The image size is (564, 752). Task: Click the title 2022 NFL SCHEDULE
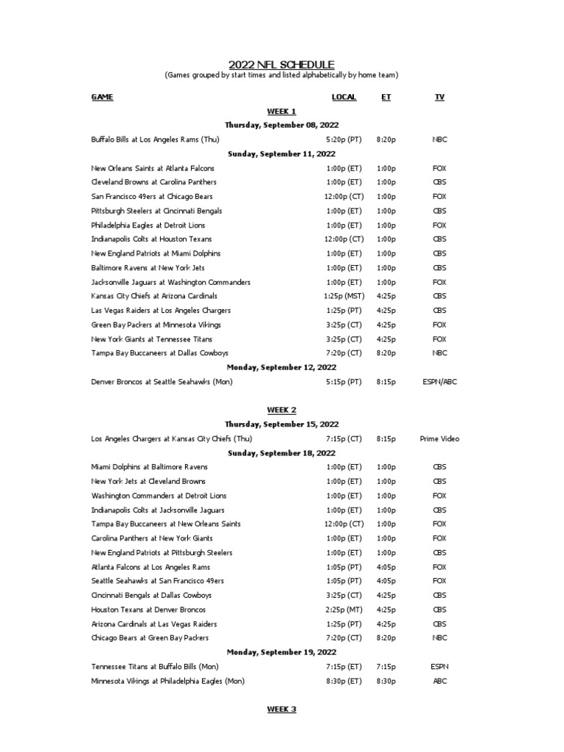pyautogui.click(x=281, y=65)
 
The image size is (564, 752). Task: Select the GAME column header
pyautogui.click(x=102, y=97)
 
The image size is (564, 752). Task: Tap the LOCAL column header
pyautogui.click(x=344, y=97)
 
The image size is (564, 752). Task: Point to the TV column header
pyautogui.click(x=439, y=97)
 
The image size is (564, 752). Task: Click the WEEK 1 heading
pyautogui.click(x=281, y=112)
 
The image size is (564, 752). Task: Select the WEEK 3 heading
pyautogui.click(x=281, y=709)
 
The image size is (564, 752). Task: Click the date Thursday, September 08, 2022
pyautogui.click(x=281, y=126)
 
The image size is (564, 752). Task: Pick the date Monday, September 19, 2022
pyautogui.click(x=281, y=652)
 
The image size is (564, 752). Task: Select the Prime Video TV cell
pyautogui.click(x=439, y=439)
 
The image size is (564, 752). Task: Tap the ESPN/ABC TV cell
pyautogui.click(x=439, y=382)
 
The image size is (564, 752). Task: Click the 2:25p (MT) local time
pyautogui.click(x=344, y=610)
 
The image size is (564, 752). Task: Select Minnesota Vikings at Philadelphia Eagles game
pyautogui.click(x=167, y=681)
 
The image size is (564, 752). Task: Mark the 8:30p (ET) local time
pyautogui.click(x=344, y=681)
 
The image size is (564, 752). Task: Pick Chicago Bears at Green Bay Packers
pyautogui.click(x=150, y=638)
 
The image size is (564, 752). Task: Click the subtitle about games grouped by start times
pyautogui.click(x=281, y=76)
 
